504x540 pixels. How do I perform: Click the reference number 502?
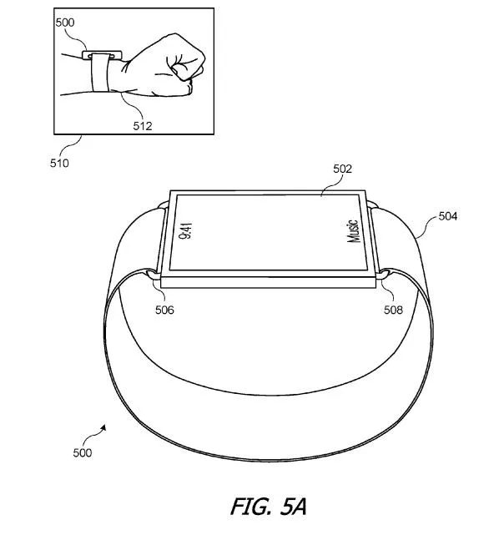pos(343,169)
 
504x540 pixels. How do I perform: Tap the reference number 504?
pos(448,216)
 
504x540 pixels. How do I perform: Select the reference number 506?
pos(164,310)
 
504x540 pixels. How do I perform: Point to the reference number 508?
pos(393,310)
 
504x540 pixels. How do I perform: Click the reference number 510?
pos(59,163)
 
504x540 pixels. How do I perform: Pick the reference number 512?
pos(143,126)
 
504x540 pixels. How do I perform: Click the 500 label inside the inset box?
pos(65,23)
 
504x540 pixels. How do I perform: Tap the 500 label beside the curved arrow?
pos(83,452)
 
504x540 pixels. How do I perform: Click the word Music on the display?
pos(353,231)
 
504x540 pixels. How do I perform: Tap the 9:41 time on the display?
pos(186,230)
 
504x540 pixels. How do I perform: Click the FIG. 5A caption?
pos(268,507)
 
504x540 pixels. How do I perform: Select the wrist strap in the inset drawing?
pos(100,73)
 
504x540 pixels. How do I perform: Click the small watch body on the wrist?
pos(102,55)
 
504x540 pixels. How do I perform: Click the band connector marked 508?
pos(384,275)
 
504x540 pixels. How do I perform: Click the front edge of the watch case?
pos(268,283)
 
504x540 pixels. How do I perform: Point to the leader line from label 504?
pos(426,225)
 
